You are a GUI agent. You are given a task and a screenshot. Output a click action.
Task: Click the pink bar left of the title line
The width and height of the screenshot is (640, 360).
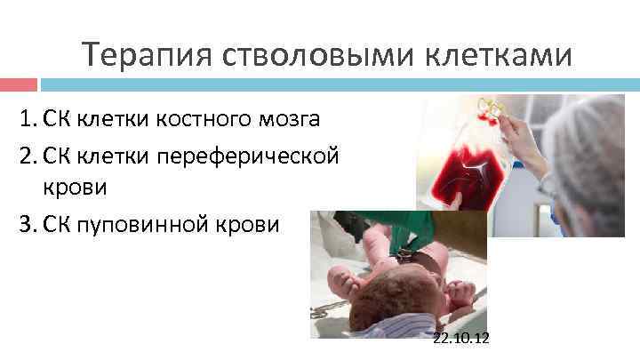[x=18, y=85]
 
